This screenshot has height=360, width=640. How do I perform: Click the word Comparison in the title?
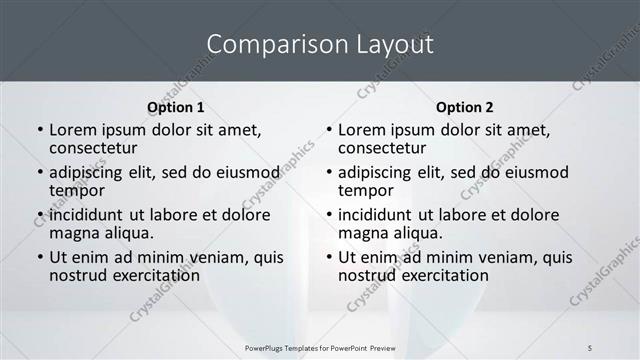[x=268, y=45]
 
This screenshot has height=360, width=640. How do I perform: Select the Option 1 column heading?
[x=175, y=107]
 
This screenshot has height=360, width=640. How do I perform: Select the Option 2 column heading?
[x=464, y=107]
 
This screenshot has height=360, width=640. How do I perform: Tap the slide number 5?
[x=590, y=347]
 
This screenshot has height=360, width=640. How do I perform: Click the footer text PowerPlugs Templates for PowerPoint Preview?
[x=319, y=347]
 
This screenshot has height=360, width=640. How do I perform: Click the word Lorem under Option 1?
[x=76, y=130]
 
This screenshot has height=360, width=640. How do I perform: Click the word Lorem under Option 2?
[x=364, y=130]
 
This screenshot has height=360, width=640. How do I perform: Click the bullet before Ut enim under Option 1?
[x=39, y=257]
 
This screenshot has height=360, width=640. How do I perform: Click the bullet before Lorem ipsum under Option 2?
[x=328, y=130]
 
